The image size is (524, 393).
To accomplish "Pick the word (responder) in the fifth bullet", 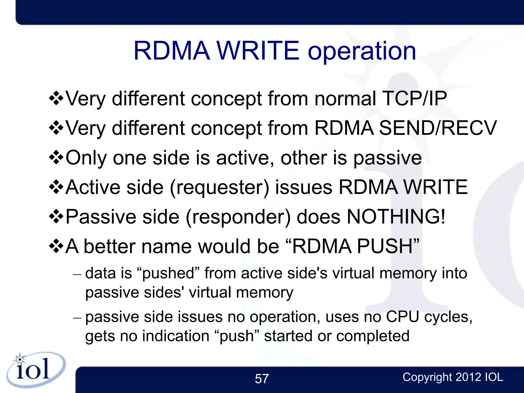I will coord(238,217).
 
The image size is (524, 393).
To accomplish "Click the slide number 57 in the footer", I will coord(262,379).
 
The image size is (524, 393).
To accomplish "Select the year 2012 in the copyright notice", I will coord(468,377).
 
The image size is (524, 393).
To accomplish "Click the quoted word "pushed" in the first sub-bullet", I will coord(168,273).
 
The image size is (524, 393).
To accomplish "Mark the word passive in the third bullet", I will coord(387,158).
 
